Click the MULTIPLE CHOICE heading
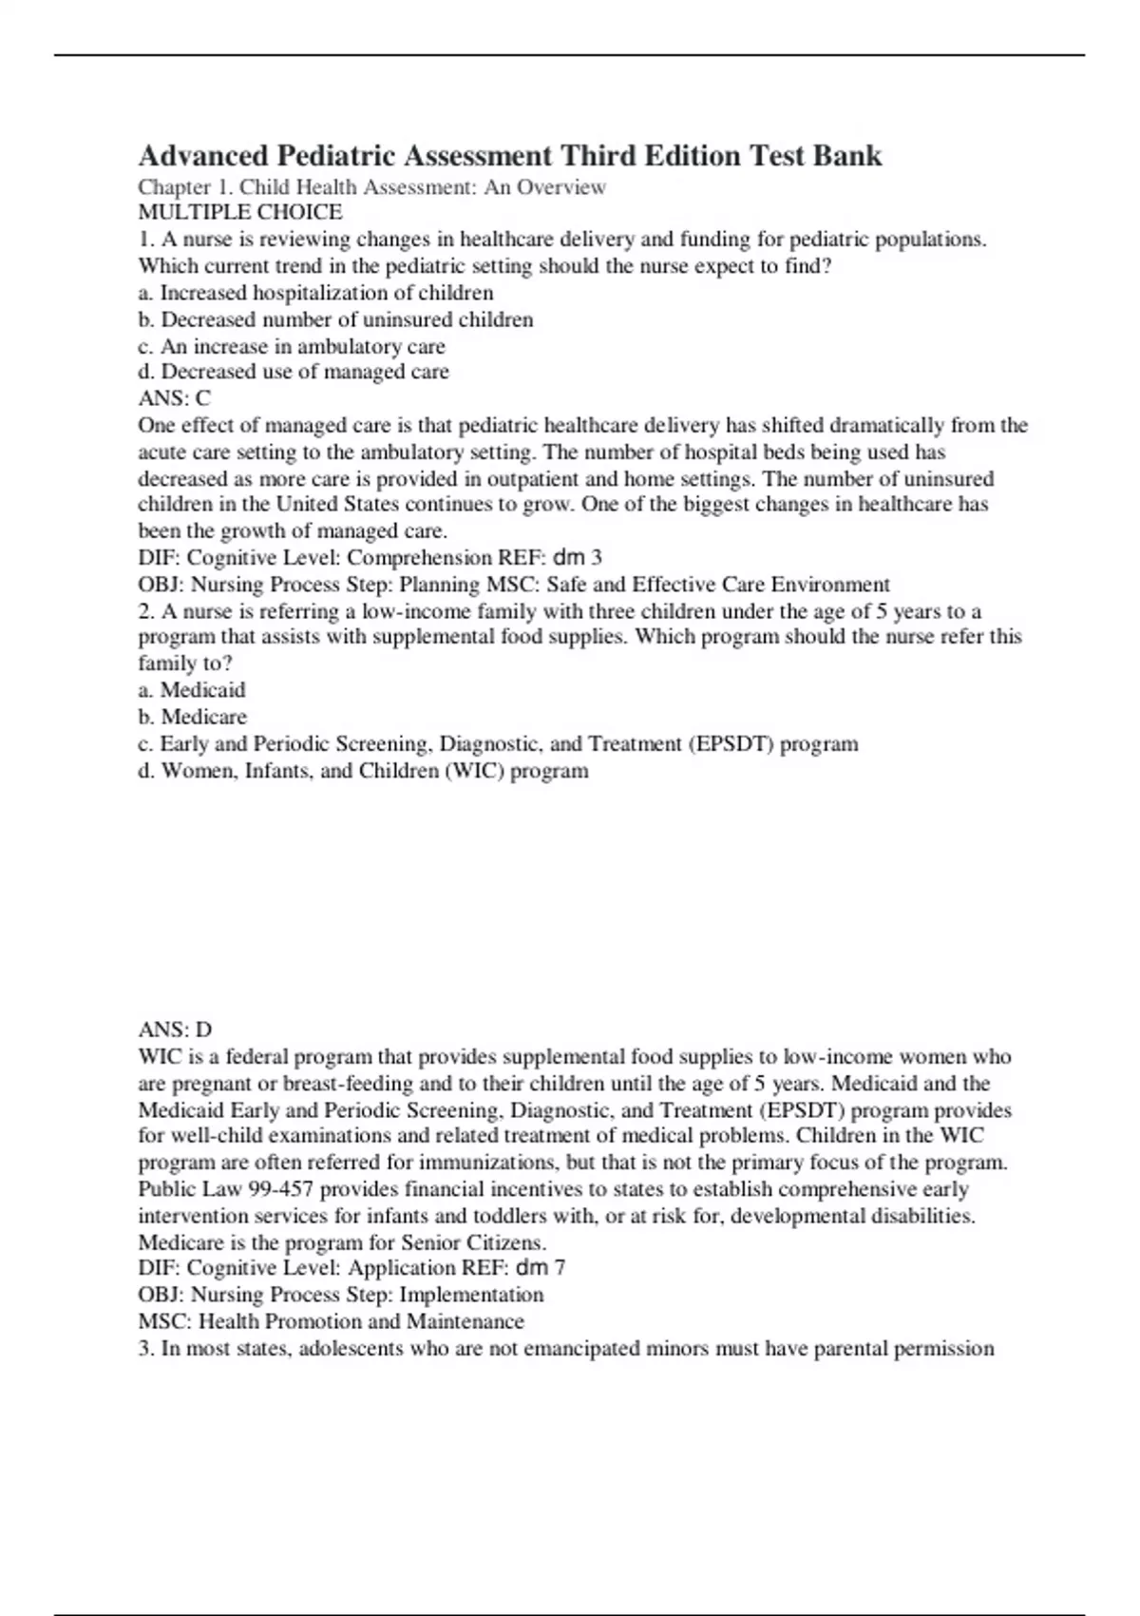pyautogui.click(x=240, y=212)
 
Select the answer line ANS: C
pyautogui.click(x=175, y=398)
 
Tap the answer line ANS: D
pyautogui.click(x=175, y=1029)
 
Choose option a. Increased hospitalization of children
pyautogui.click(x=315, y=293)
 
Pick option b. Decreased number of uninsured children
pyautogui.click(x=335, y=319)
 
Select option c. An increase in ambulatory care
pyautogui.click(x=292, y=346)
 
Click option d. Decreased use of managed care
pyautogui.click(x=294, y=372)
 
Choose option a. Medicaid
pyautogui.click(x=192, y=690)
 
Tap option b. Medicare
pyautogui.click(x=193, y=717)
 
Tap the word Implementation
pyautogui.click(x=471, y=1295)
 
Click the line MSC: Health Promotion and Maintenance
pyautogui.click(x=332, y=1321)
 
